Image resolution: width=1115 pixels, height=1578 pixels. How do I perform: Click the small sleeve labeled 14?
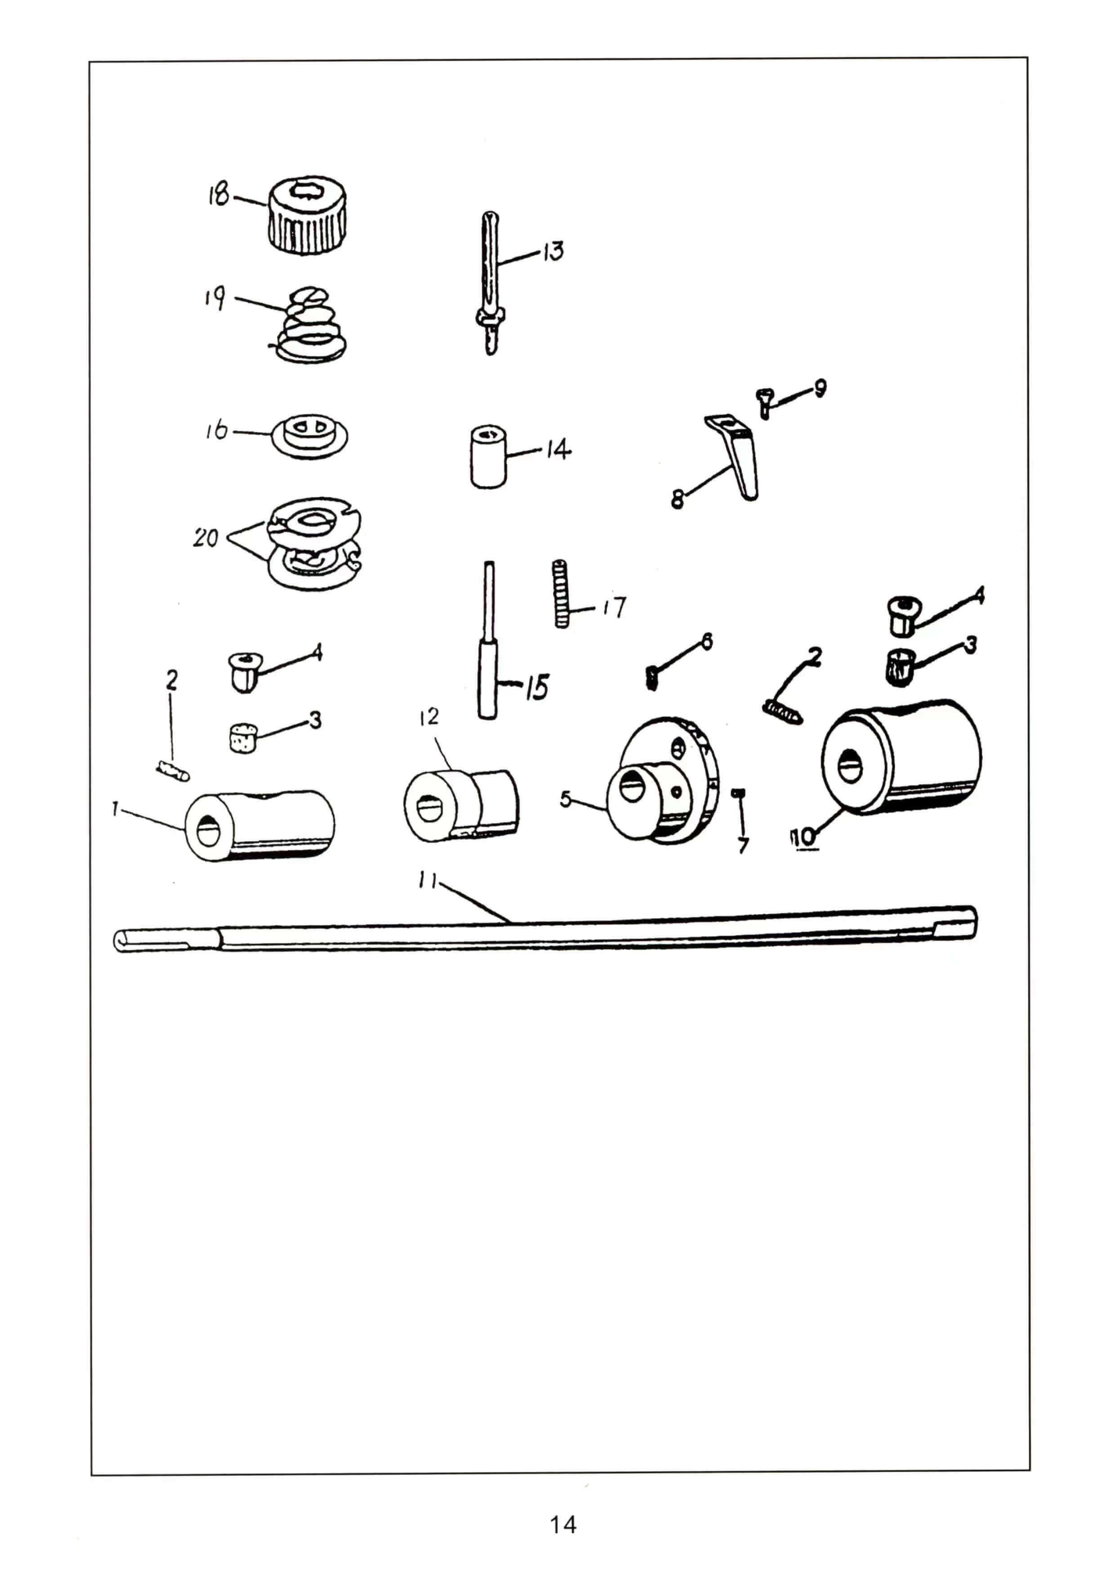(x=488, y=457)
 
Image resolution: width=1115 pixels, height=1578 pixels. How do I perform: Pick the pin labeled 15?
(x=488, y=640)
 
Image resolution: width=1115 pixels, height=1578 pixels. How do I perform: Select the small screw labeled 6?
(x=651, y=679)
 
